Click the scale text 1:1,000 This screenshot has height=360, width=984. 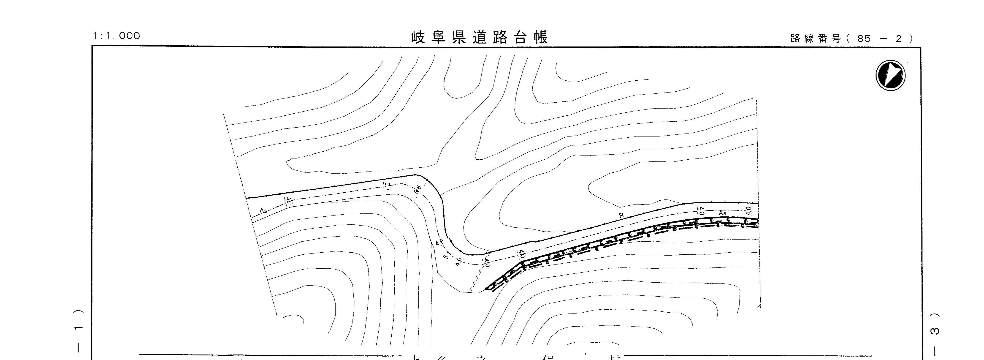pyautogui.click(x=117, y=36)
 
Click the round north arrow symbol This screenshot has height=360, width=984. pyautogui.click(x=890, y=75)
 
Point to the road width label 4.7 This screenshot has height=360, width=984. pyautogui.click(x=289, y=201)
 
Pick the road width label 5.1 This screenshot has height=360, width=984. pyautogui.click(x=447, y=256)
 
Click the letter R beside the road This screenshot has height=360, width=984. pyautogui.click(x=621, y=215)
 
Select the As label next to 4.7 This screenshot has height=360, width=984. pyautogui.click(x=263, y=210)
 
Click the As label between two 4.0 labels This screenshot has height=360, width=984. pyautogui.click(x=722, y=213)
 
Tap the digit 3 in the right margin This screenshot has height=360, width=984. pyautogui.click(x=934, y=331)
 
